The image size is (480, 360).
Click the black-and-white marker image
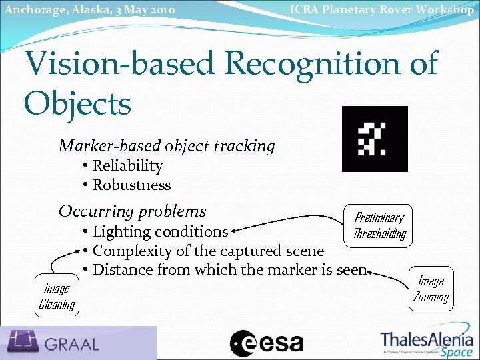374,139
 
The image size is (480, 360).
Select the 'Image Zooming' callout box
431,289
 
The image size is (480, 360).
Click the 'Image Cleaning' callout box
57,296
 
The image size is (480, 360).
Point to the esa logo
267,343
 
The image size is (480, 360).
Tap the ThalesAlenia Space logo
427,343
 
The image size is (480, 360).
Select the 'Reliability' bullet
127,166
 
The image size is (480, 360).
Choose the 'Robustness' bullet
131,185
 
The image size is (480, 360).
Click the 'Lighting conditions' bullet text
160,232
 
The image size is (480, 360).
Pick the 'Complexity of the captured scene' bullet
208,251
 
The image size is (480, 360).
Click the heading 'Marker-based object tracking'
167,146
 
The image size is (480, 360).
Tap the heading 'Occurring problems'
133,211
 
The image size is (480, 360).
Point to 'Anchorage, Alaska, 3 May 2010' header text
89,10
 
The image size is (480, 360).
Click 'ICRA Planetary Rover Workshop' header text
382,9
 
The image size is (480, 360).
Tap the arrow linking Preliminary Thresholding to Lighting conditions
287,219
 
